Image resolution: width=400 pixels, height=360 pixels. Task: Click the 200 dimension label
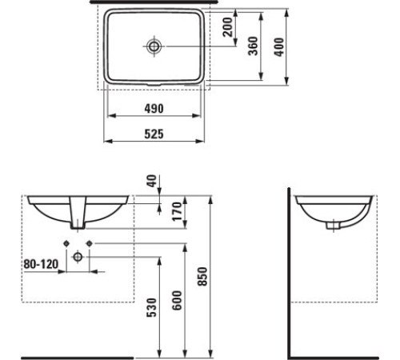229,30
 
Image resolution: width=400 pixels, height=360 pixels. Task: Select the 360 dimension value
253,46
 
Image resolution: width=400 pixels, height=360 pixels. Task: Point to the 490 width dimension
154,109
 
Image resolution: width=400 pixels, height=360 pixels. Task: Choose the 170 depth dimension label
177,212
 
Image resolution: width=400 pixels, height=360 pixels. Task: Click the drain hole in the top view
154,46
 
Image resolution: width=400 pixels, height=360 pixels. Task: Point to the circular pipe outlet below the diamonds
78,256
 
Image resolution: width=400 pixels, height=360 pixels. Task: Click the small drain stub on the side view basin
330,226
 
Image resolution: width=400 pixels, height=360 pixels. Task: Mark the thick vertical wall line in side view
289,272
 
